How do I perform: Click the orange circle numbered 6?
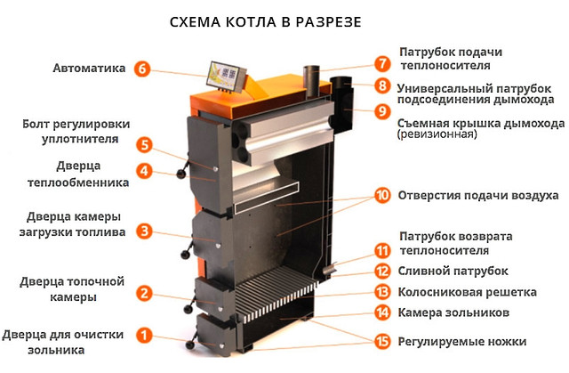tap(142, 69)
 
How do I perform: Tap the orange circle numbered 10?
tap(382, 195)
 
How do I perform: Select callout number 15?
tap(382, 342)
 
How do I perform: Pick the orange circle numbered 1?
tap(144, 335)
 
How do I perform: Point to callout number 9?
tap(382, 110)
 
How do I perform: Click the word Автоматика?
tap(89, 68)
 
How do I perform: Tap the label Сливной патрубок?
tap(453, 271)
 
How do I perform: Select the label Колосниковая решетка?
tap(467, 292)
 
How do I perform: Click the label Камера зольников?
tap(453, 312)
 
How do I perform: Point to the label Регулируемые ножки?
tap(462, 342)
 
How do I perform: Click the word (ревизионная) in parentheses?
tap(437, 134)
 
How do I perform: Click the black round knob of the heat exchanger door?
tap(181, 174)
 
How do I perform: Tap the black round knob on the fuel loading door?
tap(186, 254)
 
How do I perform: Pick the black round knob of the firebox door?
tap(188, 309)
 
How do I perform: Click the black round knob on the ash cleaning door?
tap(189, 345)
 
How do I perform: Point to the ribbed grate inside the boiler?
tap(276, 294)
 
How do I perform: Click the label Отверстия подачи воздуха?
tap(478, 195)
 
